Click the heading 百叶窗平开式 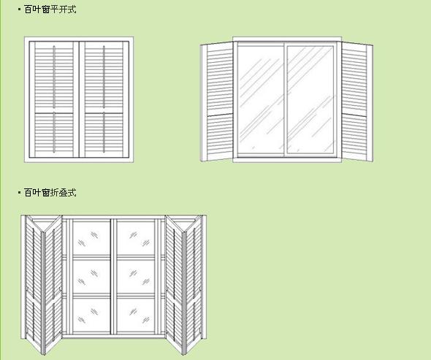point(50,9)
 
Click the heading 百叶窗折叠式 point(50,193)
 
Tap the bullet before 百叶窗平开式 point(19,9)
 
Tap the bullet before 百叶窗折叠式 point(19,192)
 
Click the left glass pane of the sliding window point(261,100)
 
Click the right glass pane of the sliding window point(310,100)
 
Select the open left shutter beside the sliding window point(217,102)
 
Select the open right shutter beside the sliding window point(356,102)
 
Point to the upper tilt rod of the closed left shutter point(54,77)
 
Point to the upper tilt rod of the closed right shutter point(104,77)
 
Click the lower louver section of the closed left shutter point(54,134)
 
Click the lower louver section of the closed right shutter point(104,134)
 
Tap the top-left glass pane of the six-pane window point(91,238)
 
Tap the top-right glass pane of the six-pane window point(136,238)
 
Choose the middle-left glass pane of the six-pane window point(91,277)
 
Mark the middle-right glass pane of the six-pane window point(136,277)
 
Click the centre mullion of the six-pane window point(113,277)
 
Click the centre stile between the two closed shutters point(79,99)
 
